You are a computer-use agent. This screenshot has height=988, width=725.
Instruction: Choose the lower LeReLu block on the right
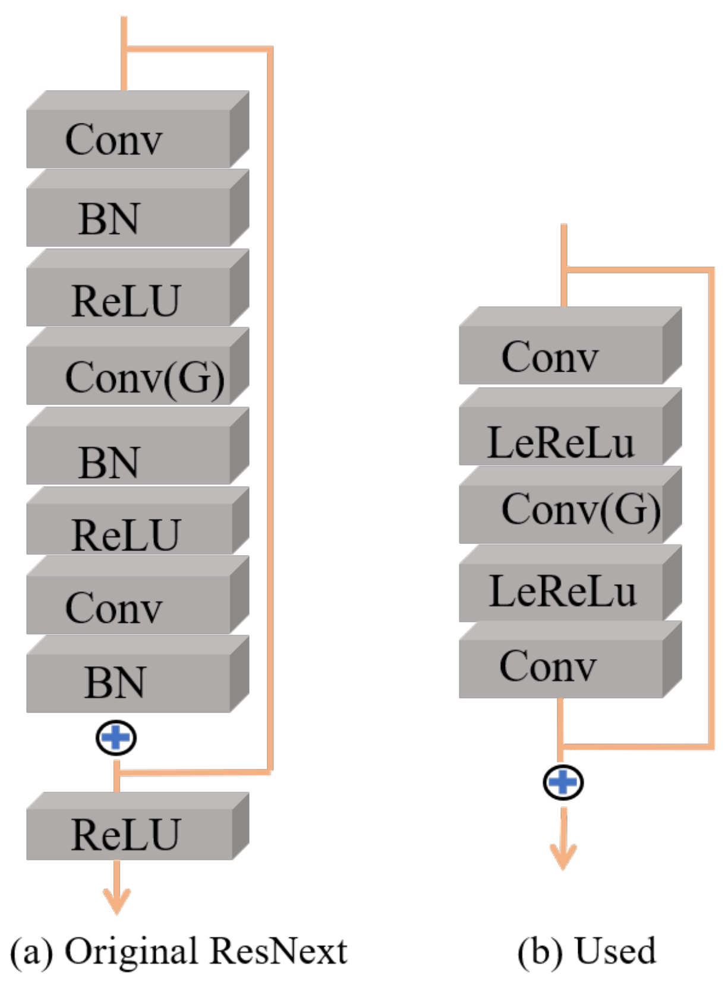tap(562, 591)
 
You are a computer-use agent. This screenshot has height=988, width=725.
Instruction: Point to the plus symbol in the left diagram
tap(116, 738)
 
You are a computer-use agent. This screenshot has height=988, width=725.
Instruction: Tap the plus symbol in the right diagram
tap(563, 782)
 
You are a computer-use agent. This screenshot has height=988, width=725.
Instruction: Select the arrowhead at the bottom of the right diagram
tap(563, 857)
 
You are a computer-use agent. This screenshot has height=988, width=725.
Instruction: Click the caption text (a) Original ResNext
tap(178, 951)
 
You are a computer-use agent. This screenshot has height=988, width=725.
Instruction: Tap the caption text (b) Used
tap(587, 951)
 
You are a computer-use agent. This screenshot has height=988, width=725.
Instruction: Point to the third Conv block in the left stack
tap(128, 607)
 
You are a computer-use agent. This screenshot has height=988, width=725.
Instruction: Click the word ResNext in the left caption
tap(278, 951)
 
